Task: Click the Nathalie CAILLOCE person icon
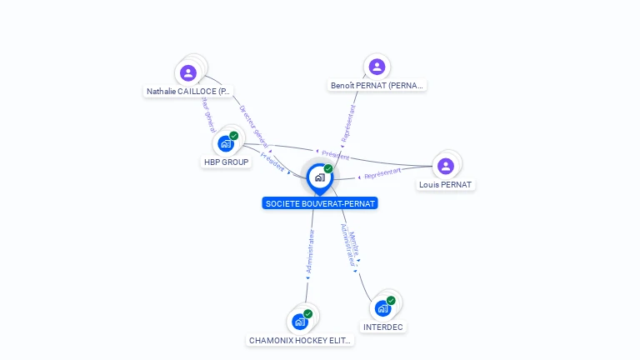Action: point(189,72)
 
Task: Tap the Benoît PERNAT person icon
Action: point(377,67)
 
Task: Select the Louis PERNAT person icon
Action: point(446,166)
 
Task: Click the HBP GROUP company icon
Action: point(225,143)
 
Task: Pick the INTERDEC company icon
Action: point(382,308)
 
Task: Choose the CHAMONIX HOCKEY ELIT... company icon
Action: point(300,322)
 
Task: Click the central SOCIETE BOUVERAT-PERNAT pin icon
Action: point(319,177)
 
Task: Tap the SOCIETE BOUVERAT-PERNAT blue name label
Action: point(320,203)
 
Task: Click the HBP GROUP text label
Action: point(227,162)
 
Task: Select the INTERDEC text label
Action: point(383,327)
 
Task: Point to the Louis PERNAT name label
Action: point(445,184)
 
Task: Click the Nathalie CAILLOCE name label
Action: point(188,92)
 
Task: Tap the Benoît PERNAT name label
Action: point(377,85)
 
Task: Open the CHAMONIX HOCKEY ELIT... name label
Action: point(301,340)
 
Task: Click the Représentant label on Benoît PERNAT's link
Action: point(347,122)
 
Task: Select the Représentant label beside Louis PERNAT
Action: point(382,173)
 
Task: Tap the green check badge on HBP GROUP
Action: point(234,135)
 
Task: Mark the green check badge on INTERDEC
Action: point(391,300)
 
